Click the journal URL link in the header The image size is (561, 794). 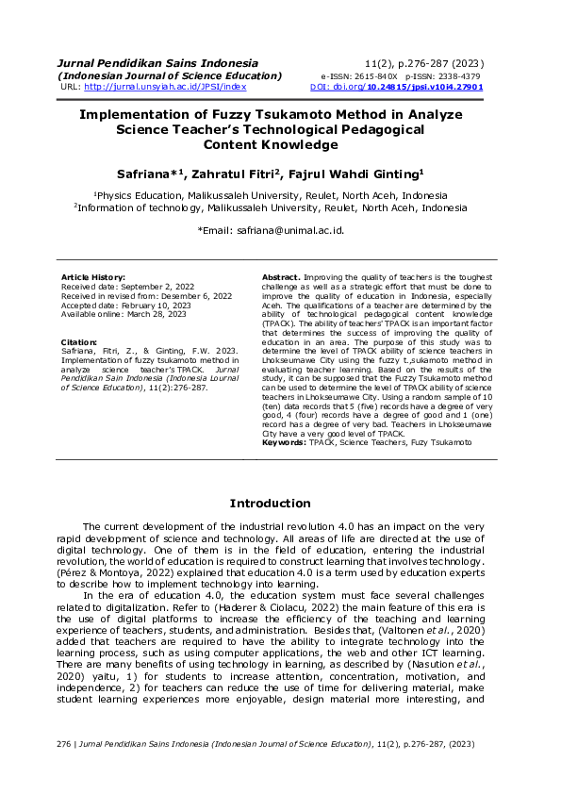pos(165,87)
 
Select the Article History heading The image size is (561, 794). pos(92,275)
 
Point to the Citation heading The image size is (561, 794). pos(79,341)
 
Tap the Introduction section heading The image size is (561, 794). pos(270,504)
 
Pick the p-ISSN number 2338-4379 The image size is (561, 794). pos(456,75)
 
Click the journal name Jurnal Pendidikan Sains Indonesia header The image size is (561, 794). pos(144,62)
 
